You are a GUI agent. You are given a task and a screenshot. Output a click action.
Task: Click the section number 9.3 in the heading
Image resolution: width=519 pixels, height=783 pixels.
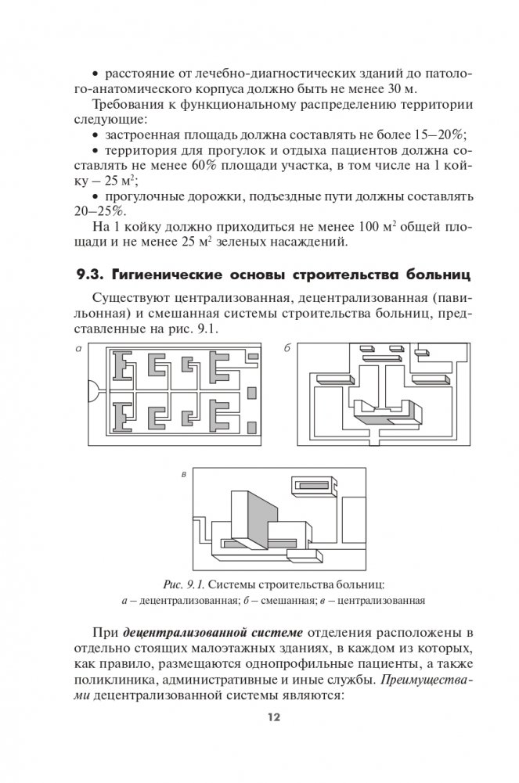[x=90, y=274]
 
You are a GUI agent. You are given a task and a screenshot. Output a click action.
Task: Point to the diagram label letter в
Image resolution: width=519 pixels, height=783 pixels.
[x=182, y=474]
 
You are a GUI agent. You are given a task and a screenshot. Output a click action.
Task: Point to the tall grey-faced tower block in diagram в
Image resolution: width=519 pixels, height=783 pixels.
[x=253, y=517]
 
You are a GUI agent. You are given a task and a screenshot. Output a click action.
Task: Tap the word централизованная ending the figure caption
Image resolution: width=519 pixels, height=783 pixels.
[x=380, y=602]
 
